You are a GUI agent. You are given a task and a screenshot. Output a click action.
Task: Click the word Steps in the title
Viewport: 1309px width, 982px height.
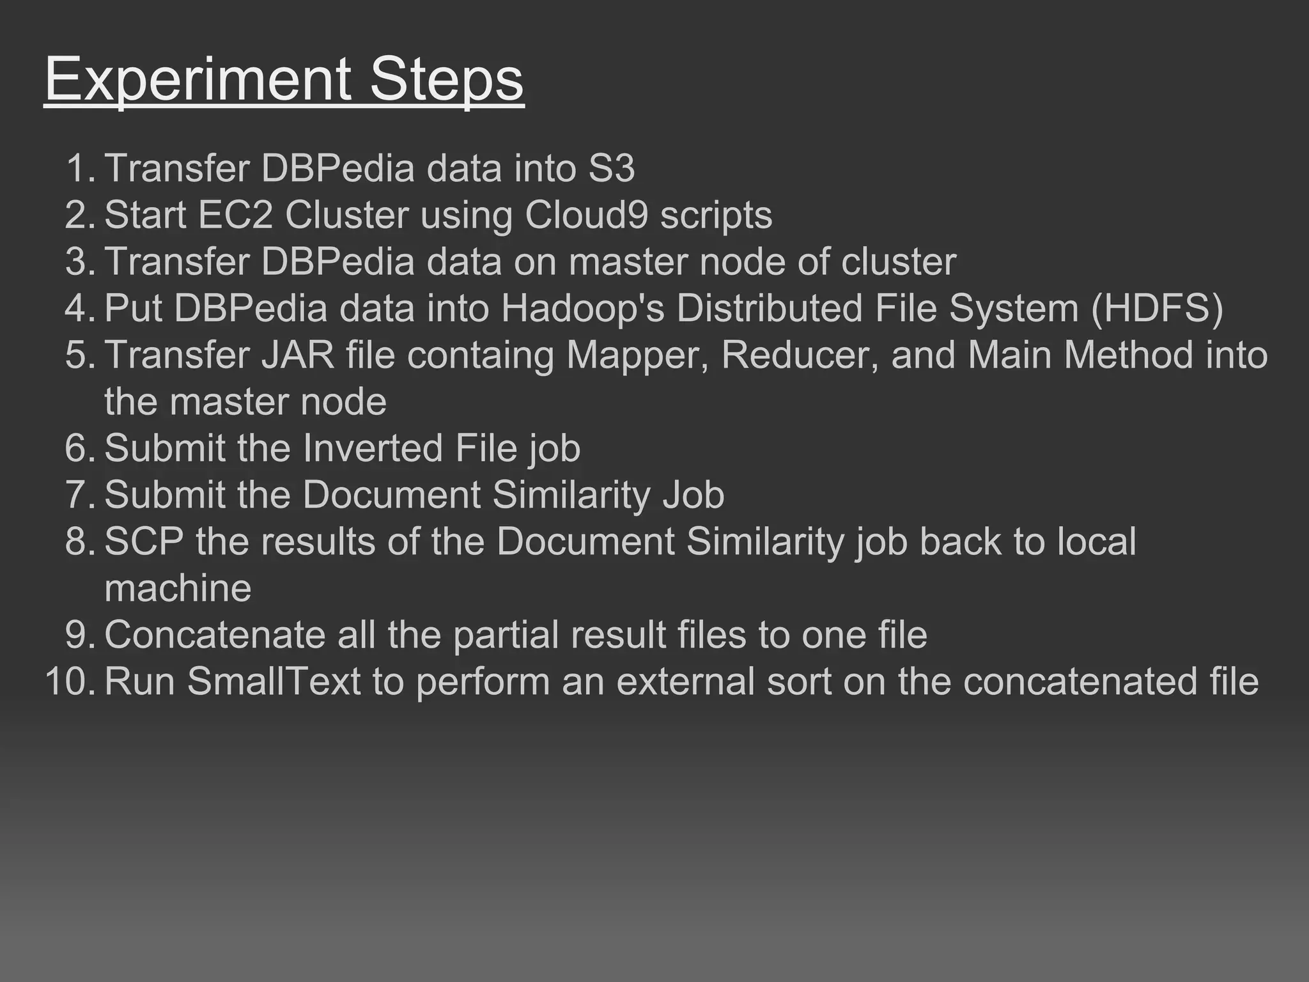446,79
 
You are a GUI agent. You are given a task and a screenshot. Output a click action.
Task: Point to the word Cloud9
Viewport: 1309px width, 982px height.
586,215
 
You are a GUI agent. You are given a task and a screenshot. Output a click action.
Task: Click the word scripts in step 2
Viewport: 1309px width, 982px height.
716,216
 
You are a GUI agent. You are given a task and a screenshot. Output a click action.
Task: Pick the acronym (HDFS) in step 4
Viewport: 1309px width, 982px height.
1157,308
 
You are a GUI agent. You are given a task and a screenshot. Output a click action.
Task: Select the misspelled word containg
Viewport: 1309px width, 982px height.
480,356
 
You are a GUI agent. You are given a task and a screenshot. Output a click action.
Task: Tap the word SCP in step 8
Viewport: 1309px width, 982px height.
144,542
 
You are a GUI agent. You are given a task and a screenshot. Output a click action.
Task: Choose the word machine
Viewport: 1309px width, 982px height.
178,588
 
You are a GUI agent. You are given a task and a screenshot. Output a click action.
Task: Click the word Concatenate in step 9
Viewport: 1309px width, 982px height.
215,635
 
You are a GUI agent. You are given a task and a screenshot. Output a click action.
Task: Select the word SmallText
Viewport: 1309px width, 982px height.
274,682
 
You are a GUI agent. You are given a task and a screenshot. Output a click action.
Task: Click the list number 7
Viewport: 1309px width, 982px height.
80,495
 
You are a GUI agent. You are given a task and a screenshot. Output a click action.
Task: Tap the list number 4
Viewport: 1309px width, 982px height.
80,308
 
